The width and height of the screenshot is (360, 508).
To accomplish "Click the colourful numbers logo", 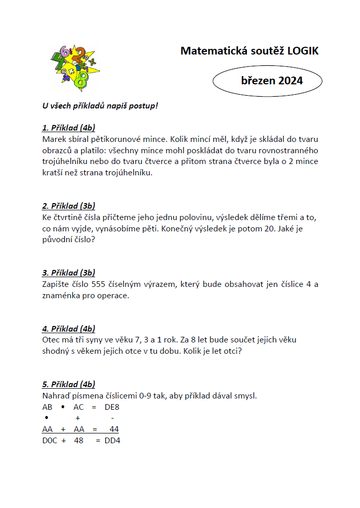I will [x=76, y=67].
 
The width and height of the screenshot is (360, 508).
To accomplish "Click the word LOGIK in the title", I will [x=303, y=51].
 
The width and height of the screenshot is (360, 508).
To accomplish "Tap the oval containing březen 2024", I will [x=267, y=81].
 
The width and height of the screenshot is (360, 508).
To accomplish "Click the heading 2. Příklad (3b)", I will [x=68, y=206].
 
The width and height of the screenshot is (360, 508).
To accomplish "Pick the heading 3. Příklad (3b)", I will [x=68, y=273].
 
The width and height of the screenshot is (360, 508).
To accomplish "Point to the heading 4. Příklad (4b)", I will [x=68, y=329].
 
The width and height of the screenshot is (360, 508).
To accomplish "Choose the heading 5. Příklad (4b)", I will [x=68, y=385].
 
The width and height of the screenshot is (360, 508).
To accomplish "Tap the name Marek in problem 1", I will [x=53, y=139].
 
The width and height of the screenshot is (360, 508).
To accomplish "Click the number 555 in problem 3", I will [x=98, y=284].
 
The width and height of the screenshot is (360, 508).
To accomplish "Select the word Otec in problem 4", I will [x=51, y=340].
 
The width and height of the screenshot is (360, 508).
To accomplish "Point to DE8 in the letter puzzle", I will [x=112, y=407].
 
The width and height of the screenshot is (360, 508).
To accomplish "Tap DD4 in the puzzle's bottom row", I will [x=112, y=441].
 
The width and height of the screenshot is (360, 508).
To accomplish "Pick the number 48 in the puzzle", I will [x=79, y=441].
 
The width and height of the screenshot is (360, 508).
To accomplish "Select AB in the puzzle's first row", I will [x=47, y=407].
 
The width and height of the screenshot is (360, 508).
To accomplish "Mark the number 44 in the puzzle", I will [x=114, y=429].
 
